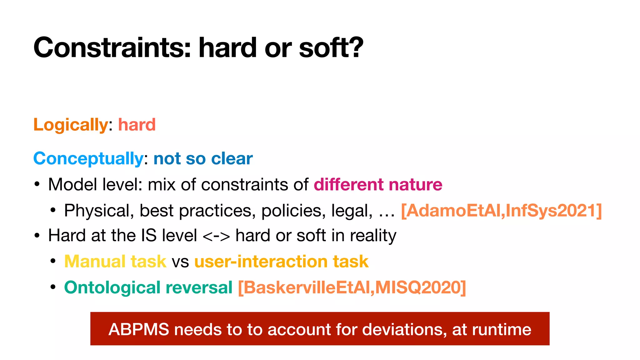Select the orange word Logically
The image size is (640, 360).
point(71,125)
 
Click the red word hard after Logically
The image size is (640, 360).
point(137,125)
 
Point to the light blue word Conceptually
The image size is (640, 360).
point(88,158)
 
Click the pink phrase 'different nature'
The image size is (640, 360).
point(378,184)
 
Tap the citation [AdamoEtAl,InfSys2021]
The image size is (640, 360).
point(501,210)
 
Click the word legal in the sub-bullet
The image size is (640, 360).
point(351,210)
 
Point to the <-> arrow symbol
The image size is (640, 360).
point(216,236)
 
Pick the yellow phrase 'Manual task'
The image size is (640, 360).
point(115,261)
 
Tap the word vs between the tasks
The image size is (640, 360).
point(180,262)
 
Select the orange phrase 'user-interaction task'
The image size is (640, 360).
point(281,261)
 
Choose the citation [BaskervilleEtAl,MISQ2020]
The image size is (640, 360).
point(352,287)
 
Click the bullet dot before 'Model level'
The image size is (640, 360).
point(37,184)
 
